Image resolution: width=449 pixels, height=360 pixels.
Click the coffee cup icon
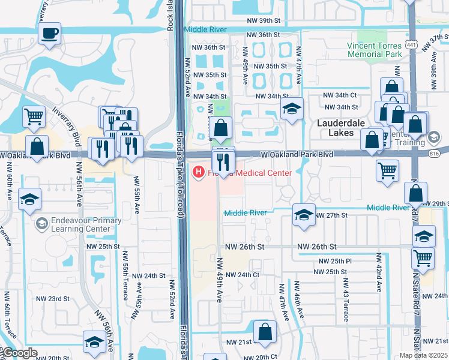(x=49, y=33)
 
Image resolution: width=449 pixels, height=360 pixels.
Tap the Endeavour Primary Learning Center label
(x=79, y=224)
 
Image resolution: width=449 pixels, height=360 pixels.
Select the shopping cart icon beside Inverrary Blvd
(x=34, y=116)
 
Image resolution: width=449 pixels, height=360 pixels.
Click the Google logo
(x=19, y=353)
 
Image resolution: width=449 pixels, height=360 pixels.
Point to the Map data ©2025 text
(x=423, y=355)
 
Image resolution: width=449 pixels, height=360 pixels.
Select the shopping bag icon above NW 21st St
(x=265, y=331)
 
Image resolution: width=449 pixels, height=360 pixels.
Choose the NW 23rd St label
(x=55, y=298)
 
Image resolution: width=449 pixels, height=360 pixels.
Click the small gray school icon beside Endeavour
(x=41, y=224)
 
